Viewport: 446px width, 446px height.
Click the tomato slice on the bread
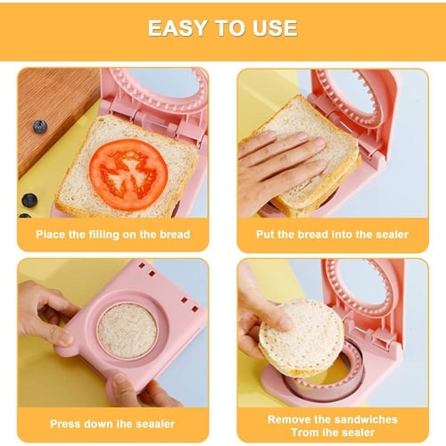click(x=128, y=173)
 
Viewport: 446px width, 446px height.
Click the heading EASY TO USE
click(x=222, y=28)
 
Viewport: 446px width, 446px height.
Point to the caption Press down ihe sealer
click(x=112, y=424)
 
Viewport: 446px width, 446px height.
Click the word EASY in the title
click(x=175, y=28)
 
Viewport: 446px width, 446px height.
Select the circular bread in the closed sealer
click(x=127, y=329)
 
